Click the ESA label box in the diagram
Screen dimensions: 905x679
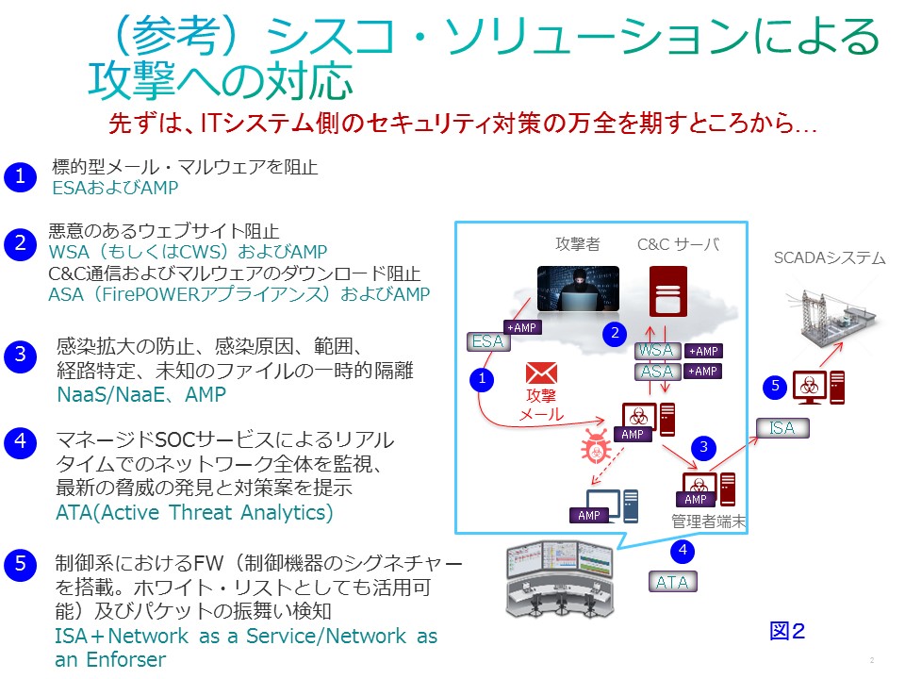488,341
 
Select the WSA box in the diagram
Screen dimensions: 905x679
657,351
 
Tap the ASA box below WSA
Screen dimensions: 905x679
657,372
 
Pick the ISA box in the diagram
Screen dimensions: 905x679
782,428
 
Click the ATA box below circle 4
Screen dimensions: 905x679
672,582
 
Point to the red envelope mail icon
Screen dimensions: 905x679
541,373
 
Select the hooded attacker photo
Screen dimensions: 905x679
578,289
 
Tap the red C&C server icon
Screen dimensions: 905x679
667,291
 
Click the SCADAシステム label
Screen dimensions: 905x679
830,257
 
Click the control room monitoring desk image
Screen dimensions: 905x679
559,579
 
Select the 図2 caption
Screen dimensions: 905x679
787,631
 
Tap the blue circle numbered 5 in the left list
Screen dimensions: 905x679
20,564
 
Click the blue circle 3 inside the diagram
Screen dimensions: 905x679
703,447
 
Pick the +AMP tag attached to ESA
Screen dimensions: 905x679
522,327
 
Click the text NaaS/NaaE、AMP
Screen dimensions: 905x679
141,394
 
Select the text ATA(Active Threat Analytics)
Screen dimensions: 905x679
194,512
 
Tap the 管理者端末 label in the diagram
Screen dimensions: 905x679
709,522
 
